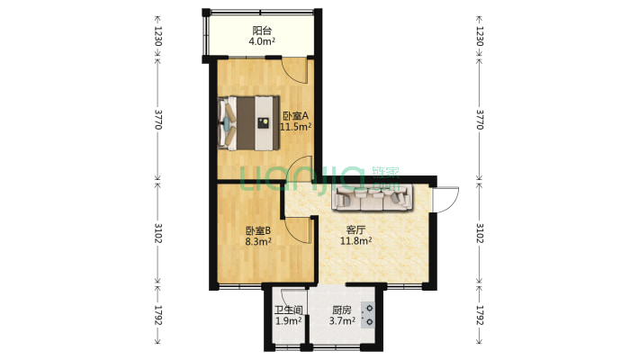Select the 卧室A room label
click(x=295, y=115)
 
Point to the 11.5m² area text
click(x=295, y=127)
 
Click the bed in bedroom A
click(x=247, y=121)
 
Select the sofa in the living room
click(x=372, y=196)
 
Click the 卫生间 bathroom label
click(x=288, y=310)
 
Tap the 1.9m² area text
click(x=288, y=321)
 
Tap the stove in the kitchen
click(x=369, y=314)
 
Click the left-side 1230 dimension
click(x=157, y=36)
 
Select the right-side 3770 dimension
click(x=480, y=120)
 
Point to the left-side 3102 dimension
click(x=157, y=233)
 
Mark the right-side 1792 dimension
click(x=480, y=317)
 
